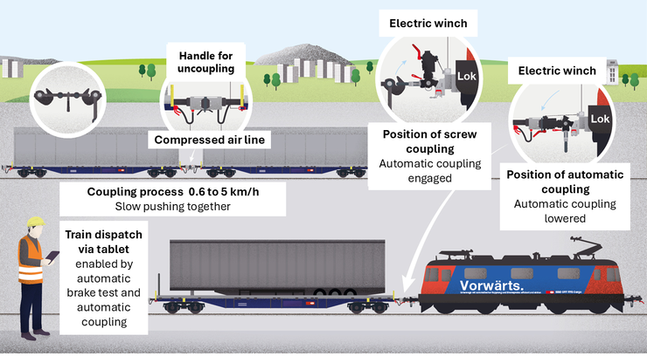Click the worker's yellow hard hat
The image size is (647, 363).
click(34, 222)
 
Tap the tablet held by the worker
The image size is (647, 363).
click(52, 256)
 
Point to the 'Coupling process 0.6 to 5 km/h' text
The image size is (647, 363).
click(172, 191)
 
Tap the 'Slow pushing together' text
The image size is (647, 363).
click(172, 207)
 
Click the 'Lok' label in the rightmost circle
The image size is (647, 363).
click(600, 119)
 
